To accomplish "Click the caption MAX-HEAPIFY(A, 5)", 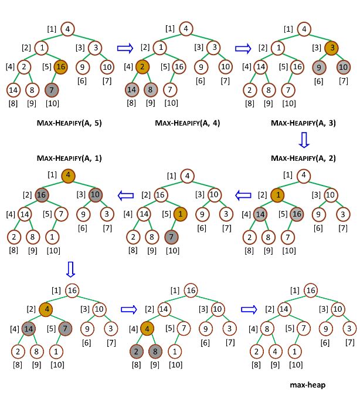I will tap(69, 123).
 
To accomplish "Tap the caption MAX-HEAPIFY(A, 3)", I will tap(303, 123).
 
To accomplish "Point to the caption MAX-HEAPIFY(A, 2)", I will tap(303, 158).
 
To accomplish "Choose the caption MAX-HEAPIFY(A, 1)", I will tap(69, 158).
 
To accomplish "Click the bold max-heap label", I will tap(308, 385).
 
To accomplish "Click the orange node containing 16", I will tap(60, 67).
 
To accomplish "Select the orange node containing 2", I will tap(142, 67).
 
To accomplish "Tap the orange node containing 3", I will tap(331, 48).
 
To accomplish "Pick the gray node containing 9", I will tap(319, 67).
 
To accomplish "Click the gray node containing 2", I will tap(135, 351).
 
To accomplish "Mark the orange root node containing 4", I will tap(68, 174).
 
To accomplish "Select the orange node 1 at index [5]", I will tap(180, 214).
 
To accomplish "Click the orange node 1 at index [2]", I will tap(278, 194).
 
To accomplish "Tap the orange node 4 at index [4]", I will tap(148, 329).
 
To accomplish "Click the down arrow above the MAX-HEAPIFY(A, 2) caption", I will tap(304, 141).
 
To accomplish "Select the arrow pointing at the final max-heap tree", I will tap(249, 309).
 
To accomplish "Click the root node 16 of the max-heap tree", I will tap(311, 290).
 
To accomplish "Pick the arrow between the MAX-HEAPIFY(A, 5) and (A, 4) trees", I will tap(125, 48).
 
